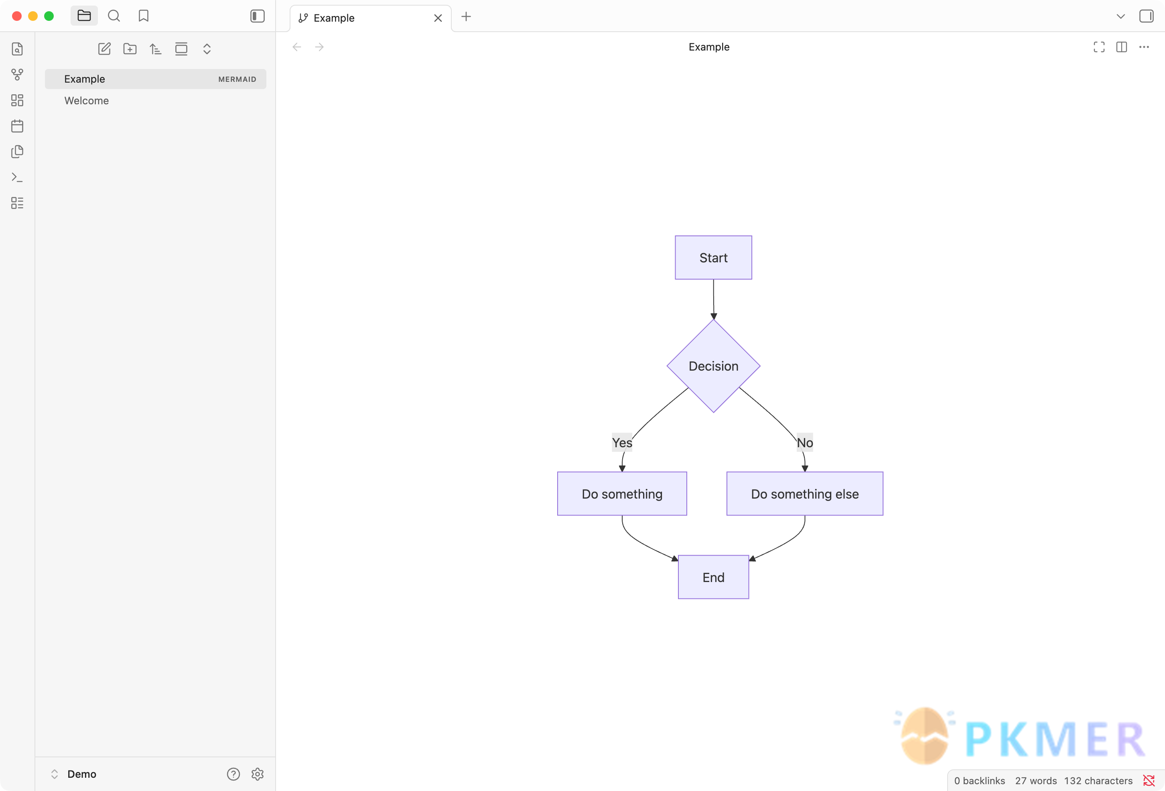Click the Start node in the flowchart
tap(713, 258)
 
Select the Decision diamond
tap(713, 366)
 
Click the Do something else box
tap(805, 494)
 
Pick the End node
tap(713, 577)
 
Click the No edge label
tap(805, 442)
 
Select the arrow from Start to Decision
tap(713, 299)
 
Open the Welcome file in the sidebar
tap(86, 101)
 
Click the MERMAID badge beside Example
tap(237, 79)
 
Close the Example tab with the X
tap(438, 18)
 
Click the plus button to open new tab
tap(466, 16)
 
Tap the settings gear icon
tap(258, 774)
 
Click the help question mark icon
tap(233, 774)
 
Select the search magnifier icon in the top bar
tap(114, 16)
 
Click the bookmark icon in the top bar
tap(143, 16)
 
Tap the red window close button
tap(16, 16)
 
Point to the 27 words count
tap(1036, 781)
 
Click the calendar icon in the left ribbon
tap(17, 126)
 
